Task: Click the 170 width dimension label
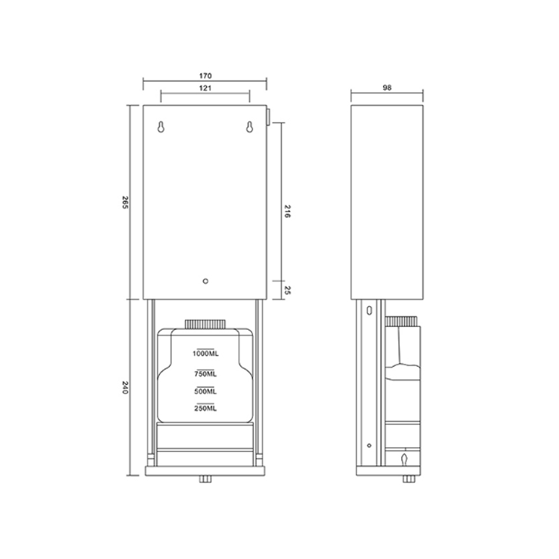(205, 75)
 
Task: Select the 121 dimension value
(205, 88)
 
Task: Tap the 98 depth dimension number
(387, 87)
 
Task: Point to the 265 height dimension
(125, 202)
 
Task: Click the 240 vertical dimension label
(125, 388)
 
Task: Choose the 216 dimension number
(287, 211)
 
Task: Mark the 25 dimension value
(288, 290)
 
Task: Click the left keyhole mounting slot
(161, 127)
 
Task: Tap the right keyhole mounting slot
(249, 127)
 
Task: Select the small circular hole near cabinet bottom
(205, 282)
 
